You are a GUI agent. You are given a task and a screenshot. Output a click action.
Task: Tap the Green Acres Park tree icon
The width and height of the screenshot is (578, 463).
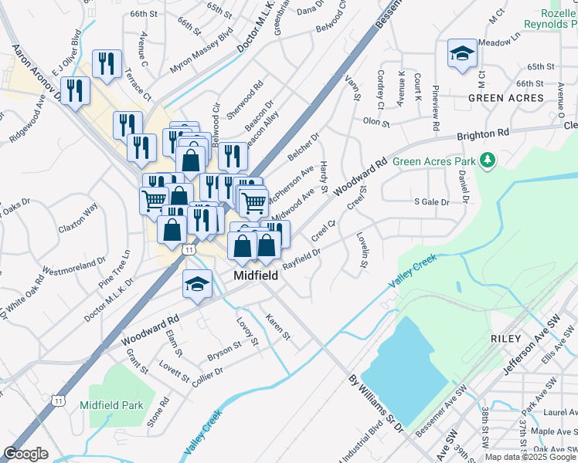[x=487, y=161]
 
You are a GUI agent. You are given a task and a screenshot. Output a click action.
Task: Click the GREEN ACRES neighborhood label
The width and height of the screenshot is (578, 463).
[x=506, y=98]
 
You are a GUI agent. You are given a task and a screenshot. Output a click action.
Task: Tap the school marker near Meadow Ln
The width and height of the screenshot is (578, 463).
[x=462, y=53]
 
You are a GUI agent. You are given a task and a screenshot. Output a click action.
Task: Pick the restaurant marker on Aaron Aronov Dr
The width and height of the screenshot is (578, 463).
[x=75, y=90]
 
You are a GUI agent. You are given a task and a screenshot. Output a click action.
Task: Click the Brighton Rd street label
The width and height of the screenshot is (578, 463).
[x=485, y=134]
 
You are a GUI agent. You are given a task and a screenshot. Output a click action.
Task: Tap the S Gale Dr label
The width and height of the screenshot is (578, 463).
[x=431, y=201]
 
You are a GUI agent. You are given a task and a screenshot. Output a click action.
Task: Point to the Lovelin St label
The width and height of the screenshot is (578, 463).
[x=362, y=251]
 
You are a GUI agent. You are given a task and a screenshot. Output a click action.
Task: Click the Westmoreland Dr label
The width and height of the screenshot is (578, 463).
[x=73, y=266]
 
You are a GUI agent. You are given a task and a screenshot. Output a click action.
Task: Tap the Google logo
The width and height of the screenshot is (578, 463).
[x=25, y=454]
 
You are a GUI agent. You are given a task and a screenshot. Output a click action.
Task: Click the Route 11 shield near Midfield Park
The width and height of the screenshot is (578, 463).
[x=59, y=400]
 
